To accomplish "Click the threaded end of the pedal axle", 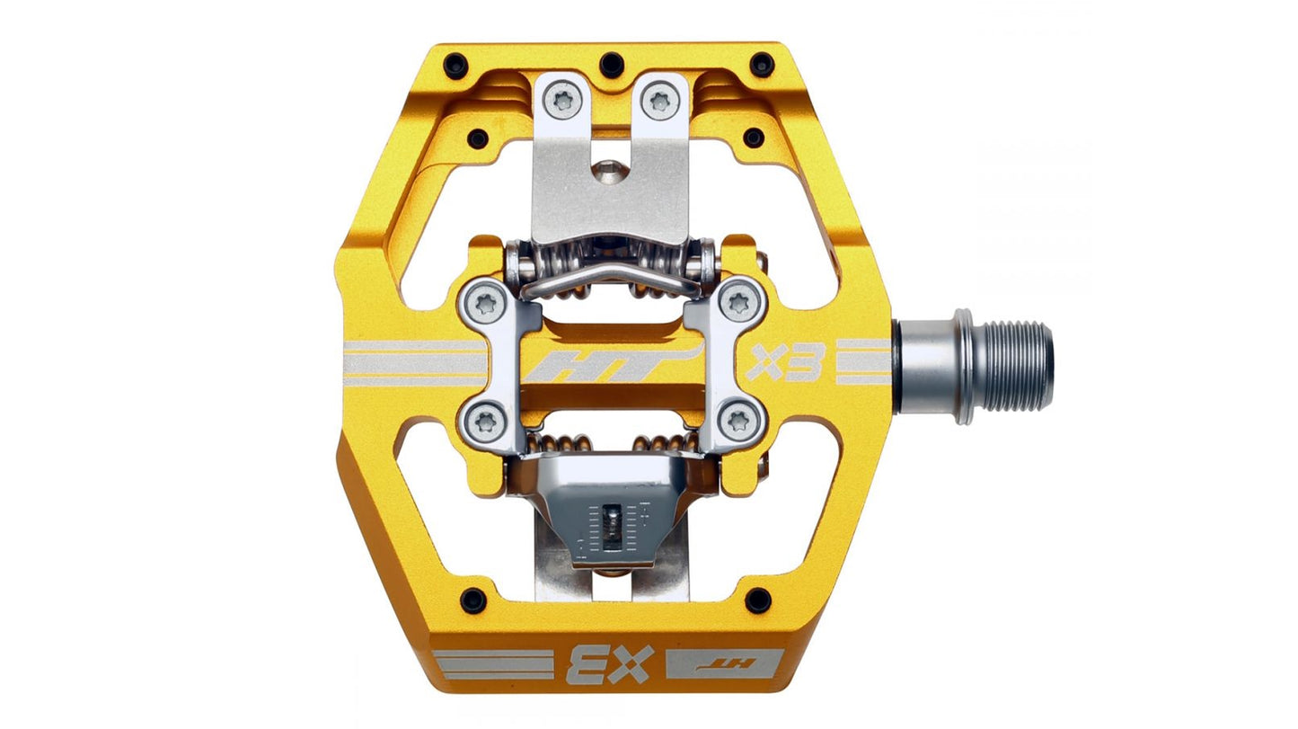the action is tap(1020, 367).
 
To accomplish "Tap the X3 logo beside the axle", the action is tap(785, 362).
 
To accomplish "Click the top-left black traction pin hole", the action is tap(455, 65).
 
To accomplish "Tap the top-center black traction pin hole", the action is tap(612, 64).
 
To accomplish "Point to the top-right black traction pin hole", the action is tap(762, 64).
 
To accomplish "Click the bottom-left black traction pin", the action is tap(472, 600).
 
